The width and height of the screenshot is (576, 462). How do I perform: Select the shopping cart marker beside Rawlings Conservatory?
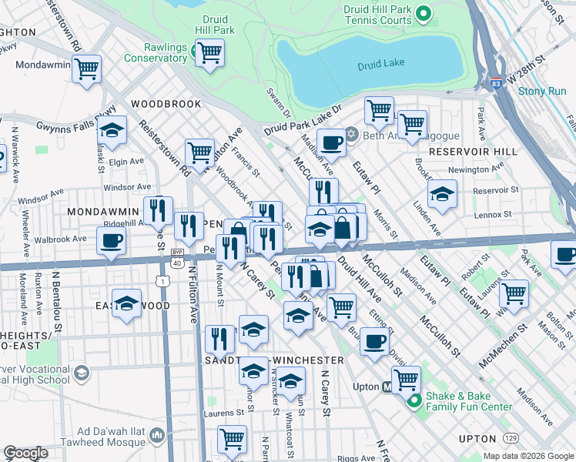(x=209, y=54)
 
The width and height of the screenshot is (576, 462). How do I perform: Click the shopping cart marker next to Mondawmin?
(x=87, y=68)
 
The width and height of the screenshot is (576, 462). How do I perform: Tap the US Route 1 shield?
(x=164, y=282)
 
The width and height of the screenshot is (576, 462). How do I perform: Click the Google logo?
(x=26, y=453)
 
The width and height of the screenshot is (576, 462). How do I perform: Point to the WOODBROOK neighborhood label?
(x=166, y=104)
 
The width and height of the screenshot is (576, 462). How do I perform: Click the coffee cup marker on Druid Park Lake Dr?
(x=332, y=143)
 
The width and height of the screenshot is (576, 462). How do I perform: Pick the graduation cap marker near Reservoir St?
(x=442, y=195)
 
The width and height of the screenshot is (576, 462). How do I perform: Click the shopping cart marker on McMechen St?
(x=513, y=293)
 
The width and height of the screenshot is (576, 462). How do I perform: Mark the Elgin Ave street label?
(x=126, y=162)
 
